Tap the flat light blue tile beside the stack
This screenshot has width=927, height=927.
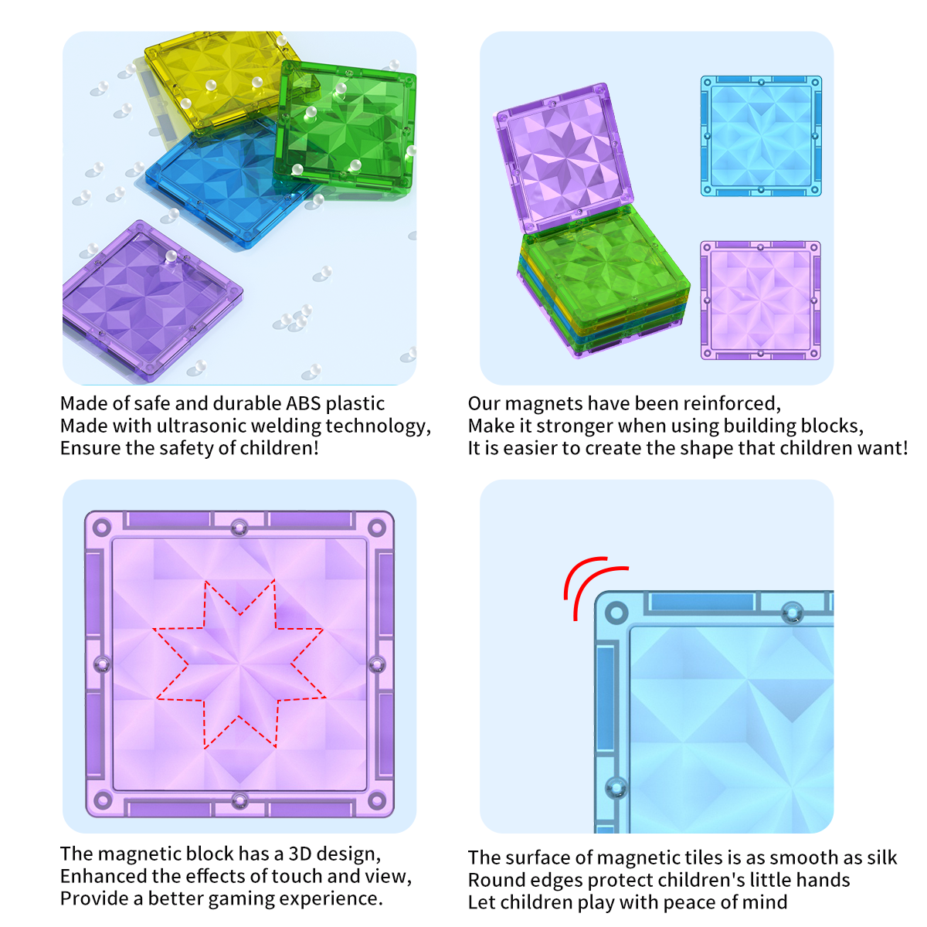pyautogui.click(x=761, y=136)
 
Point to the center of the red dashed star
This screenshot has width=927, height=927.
pyautogui.click(x=239, y=664)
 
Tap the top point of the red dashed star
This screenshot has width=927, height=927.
pyautogui.click(x=274, y=579)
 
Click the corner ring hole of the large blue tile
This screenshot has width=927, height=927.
pyautogui.click(x=616, y=613)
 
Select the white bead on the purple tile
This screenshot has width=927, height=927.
pyautogui.click(x=171, y=256)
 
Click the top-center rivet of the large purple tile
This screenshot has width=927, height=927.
pyautogui.click(x=239, y=528)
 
